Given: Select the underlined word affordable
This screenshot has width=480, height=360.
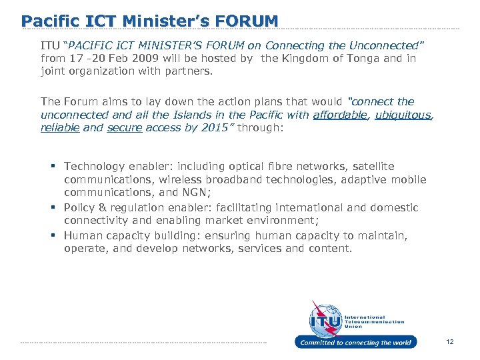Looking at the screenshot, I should click(340, 115).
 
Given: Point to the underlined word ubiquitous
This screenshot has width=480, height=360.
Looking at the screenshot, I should click(403, 115).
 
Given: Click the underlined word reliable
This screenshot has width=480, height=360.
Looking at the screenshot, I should click(59, 127).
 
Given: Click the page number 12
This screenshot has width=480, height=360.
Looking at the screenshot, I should click(450, 342).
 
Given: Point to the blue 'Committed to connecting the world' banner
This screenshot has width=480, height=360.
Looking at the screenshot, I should click(355, 343).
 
